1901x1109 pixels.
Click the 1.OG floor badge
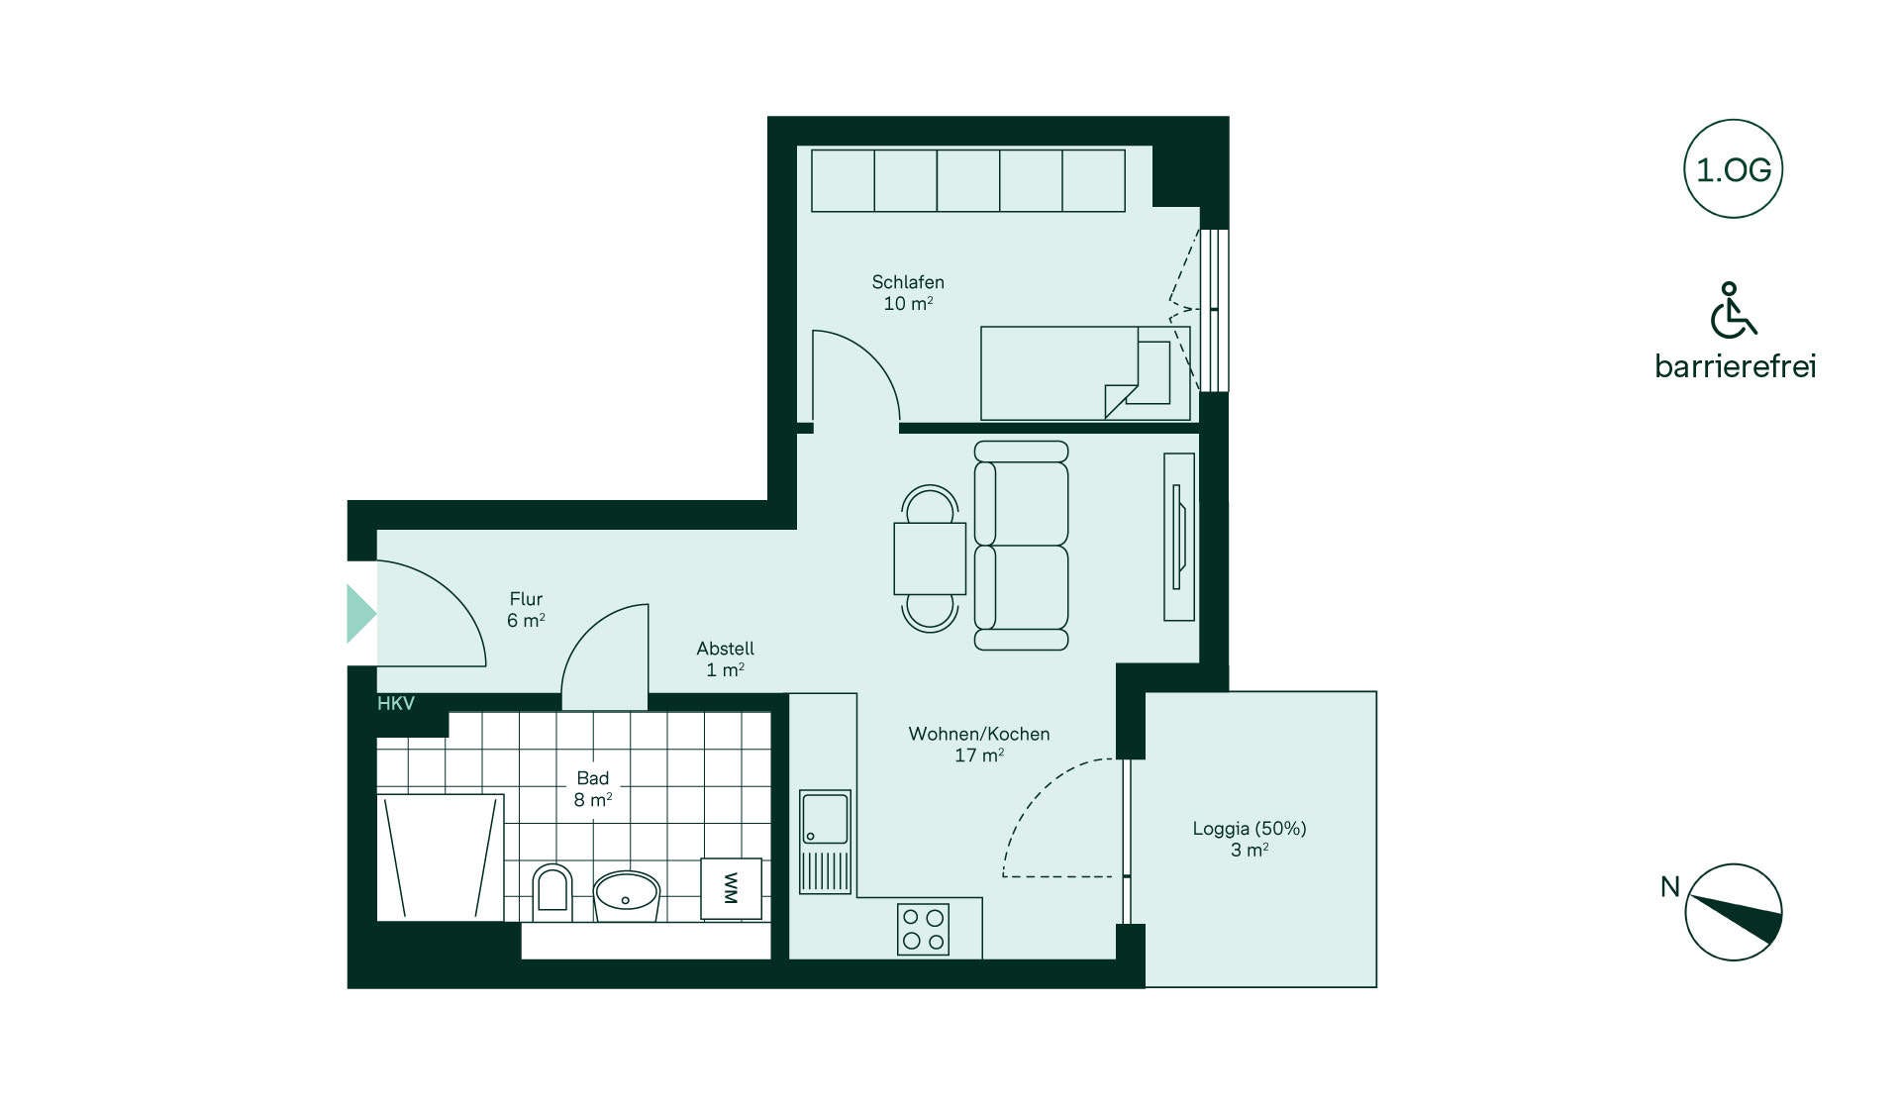1733,169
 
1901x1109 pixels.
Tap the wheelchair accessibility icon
1733,310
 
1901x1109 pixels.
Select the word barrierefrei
1736,366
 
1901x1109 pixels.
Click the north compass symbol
1734,912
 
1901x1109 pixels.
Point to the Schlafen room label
908,282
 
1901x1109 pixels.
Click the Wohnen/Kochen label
979,734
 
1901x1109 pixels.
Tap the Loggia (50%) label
1250,829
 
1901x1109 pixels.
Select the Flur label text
526,599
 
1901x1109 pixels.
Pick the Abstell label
725,649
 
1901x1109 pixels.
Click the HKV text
396,703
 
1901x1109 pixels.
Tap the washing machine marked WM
732,888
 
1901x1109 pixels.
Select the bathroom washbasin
626,895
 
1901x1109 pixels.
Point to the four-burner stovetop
923,930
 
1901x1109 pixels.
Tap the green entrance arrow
361,614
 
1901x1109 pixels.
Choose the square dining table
930,558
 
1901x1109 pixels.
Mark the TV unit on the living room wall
1179,538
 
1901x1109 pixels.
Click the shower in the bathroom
441,857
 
